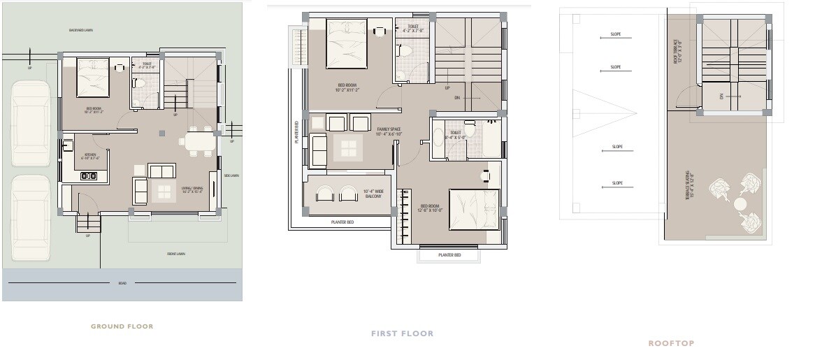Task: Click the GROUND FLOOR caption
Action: click(122, 326)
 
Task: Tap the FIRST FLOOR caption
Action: click(402, 334)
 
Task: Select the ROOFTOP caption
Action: click(670, 343)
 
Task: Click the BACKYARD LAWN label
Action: click(82, 30)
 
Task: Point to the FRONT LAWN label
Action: click(176, 254)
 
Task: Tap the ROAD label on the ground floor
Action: click(122, 283)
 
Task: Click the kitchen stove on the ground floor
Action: click(89, 175)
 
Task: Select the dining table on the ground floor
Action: click(196, 142)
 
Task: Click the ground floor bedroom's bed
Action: click(92, 78)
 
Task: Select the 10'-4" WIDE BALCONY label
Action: click(373, 194)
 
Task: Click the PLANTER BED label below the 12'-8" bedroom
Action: click(449, 255)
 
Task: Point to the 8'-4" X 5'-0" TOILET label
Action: click(455, 135)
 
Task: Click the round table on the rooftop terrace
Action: click(740, 204)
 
